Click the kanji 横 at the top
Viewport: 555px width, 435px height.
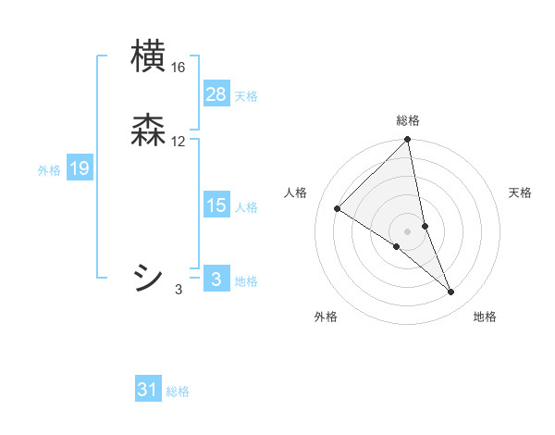[149, 56]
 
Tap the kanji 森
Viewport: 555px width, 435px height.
[149, 130]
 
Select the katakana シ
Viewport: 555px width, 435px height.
[149, 277]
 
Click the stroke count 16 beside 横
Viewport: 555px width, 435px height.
[179, 68]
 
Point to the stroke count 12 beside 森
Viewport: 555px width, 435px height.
[179, 142]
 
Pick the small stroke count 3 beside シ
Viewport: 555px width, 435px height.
[179, 290]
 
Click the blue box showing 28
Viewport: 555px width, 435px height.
[216, 94]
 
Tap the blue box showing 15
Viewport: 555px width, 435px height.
[216, 205]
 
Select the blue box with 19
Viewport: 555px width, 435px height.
[80, 168]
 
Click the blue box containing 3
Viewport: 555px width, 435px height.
[216, 279]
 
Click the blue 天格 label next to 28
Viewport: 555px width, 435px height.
[246, 96]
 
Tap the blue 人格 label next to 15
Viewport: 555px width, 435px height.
[246, 207]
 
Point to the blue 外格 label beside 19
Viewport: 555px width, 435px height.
[49, 170]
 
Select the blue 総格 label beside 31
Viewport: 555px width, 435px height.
[178, 391]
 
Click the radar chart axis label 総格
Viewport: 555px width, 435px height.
[408, 120]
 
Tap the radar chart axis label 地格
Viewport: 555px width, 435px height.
[485, 317]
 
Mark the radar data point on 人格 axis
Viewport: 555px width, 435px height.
[338, 209]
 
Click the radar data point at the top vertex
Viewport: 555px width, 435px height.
[408, 141]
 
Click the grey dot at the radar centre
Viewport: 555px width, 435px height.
[408, 230]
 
